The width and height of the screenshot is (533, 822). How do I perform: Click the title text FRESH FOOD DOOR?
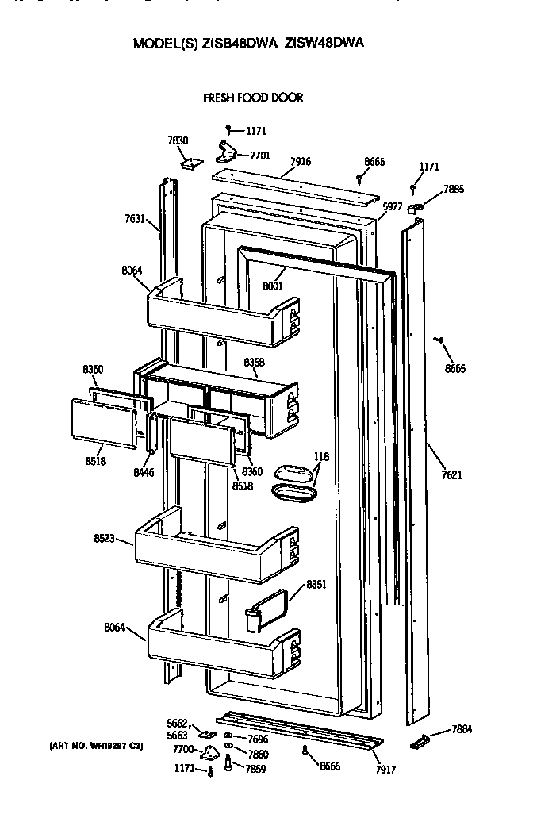click(253, 98)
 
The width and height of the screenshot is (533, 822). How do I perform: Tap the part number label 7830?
click(178, 140)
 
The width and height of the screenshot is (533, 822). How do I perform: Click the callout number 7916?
click(300, 162)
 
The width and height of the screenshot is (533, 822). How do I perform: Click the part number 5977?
click(392, 206)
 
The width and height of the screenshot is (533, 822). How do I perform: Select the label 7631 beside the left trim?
click(135, 218)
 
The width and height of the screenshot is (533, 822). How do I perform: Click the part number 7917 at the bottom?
click(385, 770)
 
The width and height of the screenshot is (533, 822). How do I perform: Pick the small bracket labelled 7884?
click(420, 742)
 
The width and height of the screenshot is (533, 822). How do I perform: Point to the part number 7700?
click(183, 749)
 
